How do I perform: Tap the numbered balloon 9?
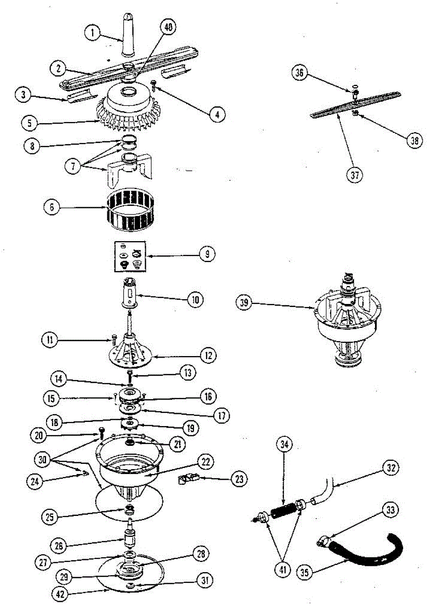(207, 254)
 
